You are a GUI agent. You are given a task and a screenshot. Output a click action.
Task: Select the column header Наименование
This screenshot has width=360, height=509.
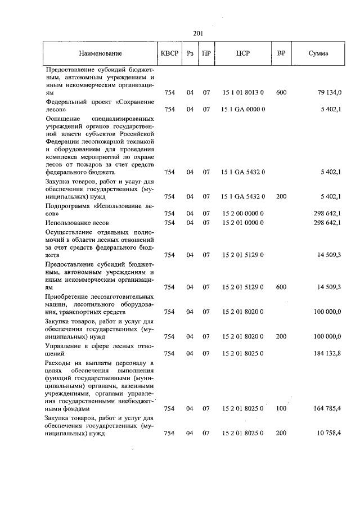click(100, 53)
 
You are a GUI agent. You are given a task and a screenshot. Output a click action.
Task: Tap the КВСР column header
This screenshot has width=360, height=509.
click(169, 53)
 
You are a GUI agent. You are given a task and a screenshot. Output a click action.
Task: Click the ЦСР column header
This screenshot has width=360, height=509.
click(243, 53)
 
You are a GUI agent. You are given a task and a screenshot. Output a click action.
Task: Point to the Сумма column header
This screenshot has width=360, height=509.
click(319, 53)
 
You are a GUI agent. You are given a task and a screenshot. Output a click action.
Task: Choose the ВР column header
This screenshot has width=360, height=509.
click(281, 53)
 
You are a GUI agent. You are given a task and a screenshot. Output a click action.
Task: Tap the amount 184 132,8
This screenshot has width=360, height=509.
click(325, 354)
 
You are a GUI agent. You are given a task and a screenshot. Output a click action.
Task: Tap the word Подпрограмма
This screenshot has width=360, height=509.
click(70, 206)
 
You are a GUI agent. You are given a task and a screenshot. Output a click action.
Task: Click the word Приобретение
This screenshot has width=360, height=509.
click(69, 296)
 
